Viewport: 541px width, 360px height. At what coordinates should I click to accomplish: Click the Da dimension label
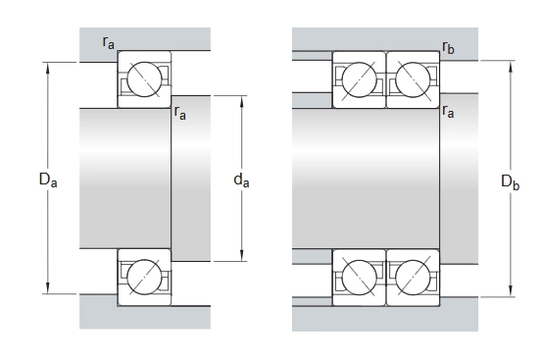(x=48, y=180)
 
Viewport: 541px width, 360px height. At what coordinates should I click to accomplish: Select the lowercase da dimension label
(x=241, y=180)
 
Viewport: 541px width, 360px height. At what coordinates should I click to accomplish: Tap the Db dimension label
(x=510, y=182)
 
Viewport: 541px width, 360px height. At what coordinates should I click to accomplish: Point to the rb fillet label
(x=448, y=47)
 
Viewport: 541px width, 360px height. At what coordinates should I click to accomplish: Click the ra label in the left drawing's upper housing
(x=109, y=43)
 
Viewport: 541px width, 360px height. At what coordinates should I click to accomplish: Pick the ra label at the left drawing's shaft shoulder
(x=180, y=113)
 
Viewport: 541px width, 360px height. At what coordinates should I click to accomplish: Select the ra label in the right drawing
(x=448, y=111)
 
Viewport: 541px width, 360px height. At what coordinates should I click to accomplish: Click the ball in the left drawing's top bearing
(x=144, y=79)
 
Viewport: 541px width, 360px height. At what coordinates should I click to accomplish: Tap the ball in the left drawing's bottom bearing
(x=144, y=278)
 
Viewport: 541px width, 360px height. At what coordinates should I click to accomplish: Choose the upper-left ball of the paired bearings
(x=359, y=79)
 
